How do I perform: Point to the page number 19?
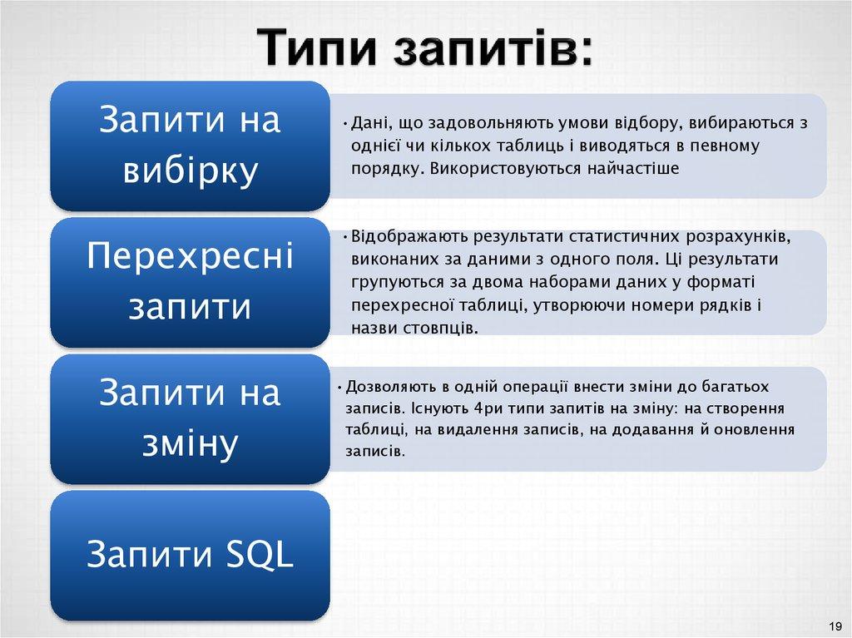click(x=834, y=626)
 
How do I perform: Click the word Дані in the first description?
click(x=367, y=124)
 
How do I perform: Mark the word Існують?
click(x=438, y=409)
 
